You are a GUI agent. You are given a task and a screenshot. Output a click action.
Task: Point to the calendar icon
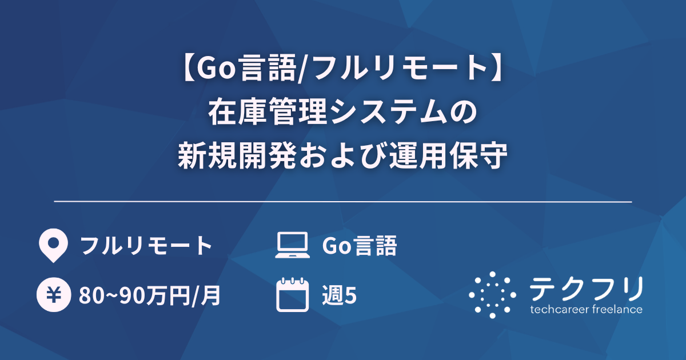pyautogui.click(x=292, y=295)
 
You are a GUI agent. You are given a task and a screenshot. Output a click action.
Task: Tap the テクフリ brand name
pyautogui.click(x=586, y=289)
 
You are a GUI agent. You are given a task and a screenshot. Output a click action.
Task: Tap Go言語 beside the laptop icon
pyautogui.click(x=359, y=246)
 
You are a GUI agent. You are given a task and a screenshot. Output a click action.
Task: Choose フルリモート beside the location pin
pyautogui.click(x=146, y=246)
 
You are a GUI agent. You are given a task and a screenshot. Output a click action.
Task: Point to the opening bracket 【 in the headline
pyautogui.click(x=185, y=70)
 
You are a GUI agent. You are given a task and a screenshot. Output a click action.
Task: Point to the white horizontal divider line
pyautogui.click(x=343, y=202)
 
